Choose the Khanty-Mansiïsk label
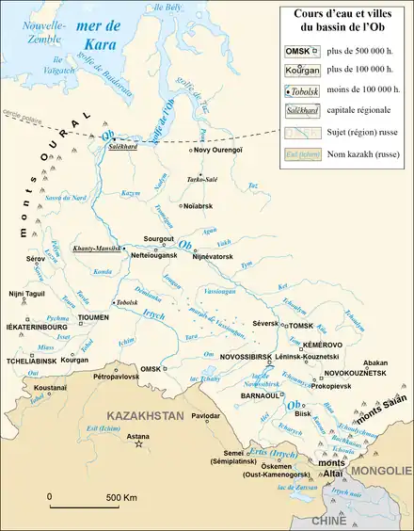tap(98, 247)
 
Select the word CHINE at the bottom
tap(328, 520)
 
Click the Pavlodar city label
tap(206, 415)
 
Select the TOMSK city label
tap(299, 325)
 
